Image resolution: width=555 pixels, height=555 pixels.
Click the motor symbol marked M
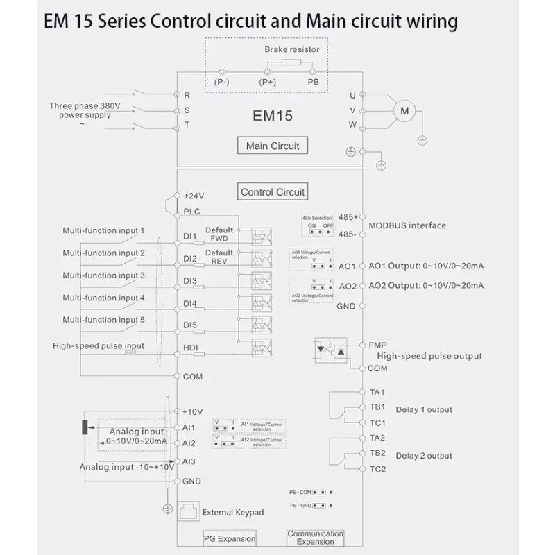(x=406, y=110)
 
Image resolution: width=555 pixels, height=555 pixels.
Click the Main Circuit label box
(x=273, y=146)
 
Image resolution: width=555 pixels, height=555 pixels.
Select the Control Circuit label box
(x=273, y=192)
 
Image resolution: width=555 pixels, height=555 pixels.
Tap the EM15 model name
(x=273, y=116)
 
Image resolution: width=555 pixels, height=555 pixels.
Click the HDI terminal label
(x=191, y=348)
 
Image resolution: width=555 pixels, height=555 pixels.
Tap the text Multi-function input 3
(x=104, y=275)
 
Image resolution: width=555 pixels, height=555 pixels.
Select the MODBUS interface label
(x=407, y=225)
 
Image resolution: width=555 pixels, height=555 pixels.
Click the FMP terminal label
(x=378, y=345)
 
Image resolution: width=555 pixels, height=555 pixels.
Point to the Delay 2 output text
(x=424, y=456)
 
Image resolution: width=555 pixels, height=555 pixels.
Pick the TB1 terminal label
(x=378, y=407)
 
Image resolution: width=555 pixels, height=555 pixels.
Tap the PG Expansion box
(x=230, y=538)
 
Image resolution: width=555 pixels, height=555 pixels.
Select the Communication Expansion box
(x=316, y=538)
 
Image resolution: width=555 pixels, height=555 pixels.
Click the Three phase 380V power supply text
(x=85, y=111)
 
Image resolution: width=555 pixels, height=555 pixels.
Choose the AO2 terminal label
(x=347, y=286)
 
